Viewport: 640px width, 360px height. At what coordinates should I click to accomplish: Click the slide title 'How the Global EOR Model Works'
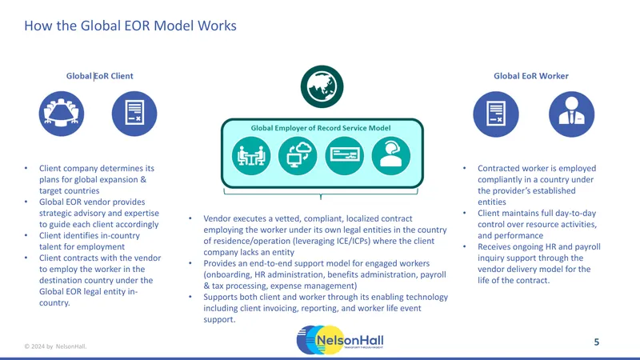130,26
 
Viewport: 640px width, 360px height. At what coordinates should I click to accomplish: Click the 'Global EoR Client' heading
99,76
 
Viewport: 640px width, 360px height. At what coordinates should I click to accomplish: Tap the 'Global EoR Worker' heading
531,76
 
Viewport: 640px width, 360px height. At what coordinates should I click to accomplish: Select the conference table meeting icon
62,114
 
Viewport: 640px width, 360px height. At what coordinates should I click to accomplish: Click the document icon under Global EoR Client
134,114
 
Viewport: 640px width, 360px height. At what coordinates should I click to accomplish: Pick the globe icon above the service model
322,86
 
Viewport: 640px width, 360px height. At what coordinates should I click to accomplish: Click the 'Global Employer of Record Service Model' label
321,128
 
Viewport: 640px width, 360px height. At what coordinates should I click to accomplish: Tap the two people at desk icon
251,156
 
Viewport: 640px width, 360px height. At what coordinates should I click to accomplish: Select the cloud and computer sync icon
298,156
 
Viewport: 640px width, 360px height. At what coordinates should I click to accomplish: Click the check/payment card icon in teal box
345,156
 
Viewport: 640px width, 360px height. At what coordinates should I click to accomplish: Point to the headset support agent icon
391,156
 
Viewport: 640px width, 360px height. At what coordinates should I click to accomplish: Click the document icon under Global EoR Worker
496,114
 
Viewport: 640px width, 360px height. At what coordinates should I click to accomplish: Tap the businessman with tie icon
571,114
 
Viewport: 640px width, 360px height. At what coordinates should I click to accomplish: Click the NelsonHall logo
340,340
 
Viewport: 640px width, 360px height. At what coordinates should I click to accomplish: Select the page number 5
596,342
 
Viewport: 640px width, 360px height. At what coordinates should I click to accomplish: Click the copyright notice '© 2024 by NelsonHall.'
55,346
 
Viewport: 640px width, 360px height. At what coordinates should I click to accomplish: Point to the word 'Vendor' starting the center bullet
217,218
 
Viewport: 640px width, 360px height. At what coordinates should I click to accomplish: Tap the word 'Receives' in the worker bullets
494,247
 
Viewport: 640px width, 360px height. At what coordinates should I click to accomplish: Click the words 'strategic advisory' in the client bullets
71,214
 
